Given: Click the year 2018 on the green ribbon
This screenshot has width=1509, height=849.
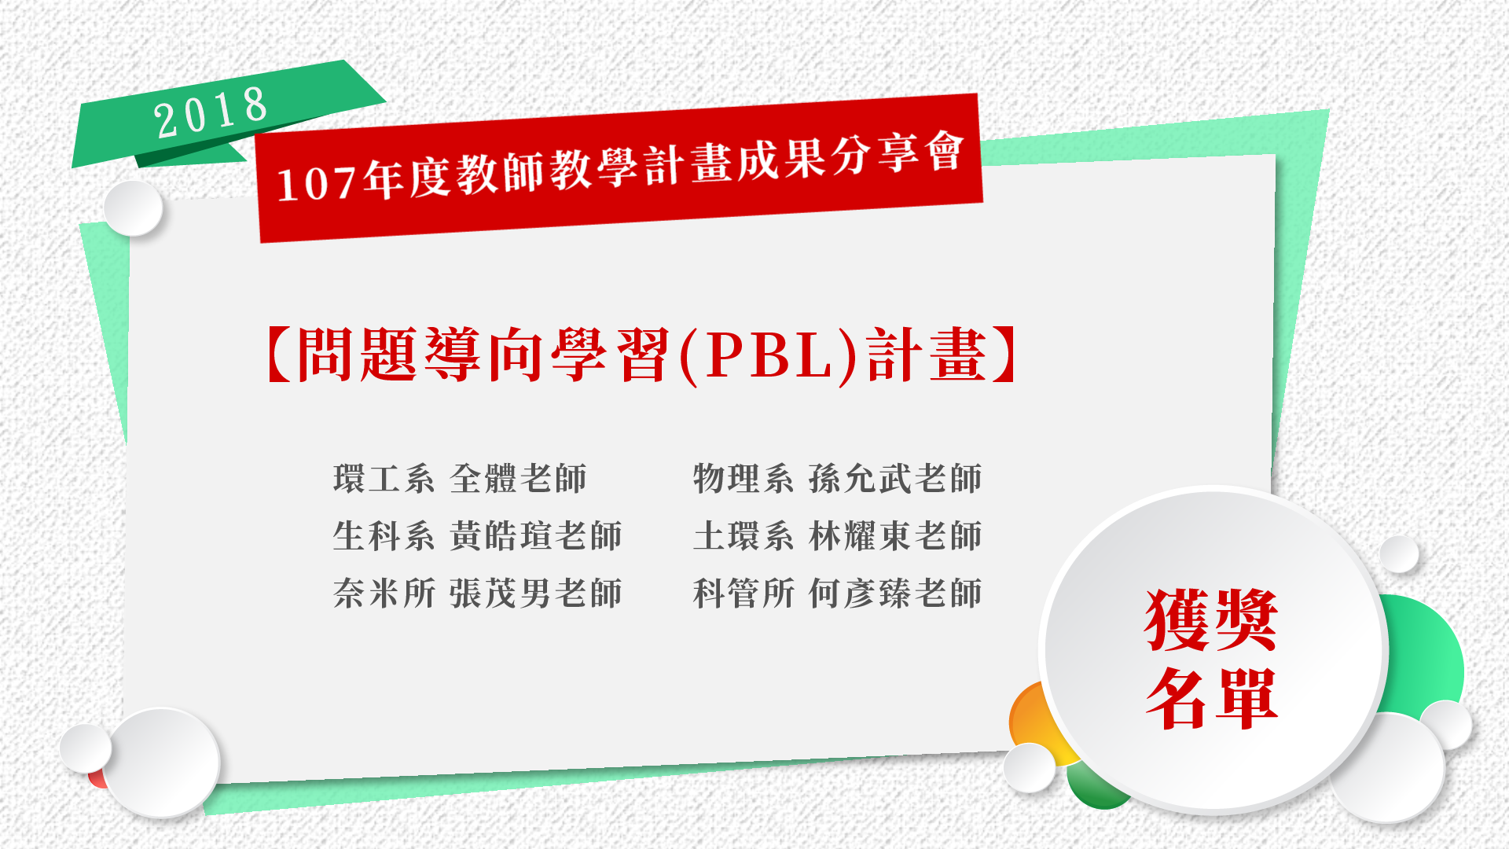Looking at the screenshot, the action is [211, 112].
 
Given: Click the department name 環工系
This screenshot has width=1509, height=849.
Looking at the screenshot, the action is [384, 479].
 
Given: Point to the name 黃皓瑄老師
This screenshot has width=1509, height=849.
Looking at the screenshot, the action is [536, 536].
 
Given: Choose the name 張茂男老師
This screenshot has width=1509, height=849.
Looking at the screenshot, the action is [536, 594].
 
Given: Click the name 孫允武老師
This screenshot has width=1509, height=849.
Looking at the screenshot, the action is [896, 479].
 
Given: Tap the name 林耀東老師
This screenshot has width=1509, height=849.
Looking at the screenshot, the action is [896, 536].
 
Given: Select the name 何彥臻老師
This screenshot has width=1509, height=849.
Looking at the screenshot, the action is [896, 594].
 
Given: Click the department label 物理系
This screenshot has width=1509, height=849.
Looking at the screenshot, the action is [743, 479].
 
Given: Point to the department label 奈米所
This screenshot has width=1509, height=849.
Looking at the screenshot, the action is [384, 594].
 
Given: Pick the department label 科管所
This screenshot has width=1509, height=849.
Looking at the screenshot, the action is [743, 594].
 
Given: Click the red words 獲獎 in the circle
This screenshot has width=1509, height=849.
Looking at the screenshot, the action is [1211, 620].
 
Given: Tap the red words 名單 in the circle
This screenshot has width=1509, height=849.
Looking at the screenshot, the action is [1211, 699].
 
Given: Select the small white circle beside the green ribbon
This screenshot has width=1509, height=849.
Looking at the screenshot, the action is [133, 208].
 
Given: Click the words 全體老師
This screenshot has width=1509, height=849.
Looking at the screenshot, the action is [519, 479].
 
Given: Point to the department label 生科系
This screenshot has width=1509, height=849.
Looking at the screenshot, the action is [384, 536].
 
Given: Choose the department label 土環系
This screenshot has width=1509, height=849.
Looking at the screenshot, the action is [743, 536].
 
